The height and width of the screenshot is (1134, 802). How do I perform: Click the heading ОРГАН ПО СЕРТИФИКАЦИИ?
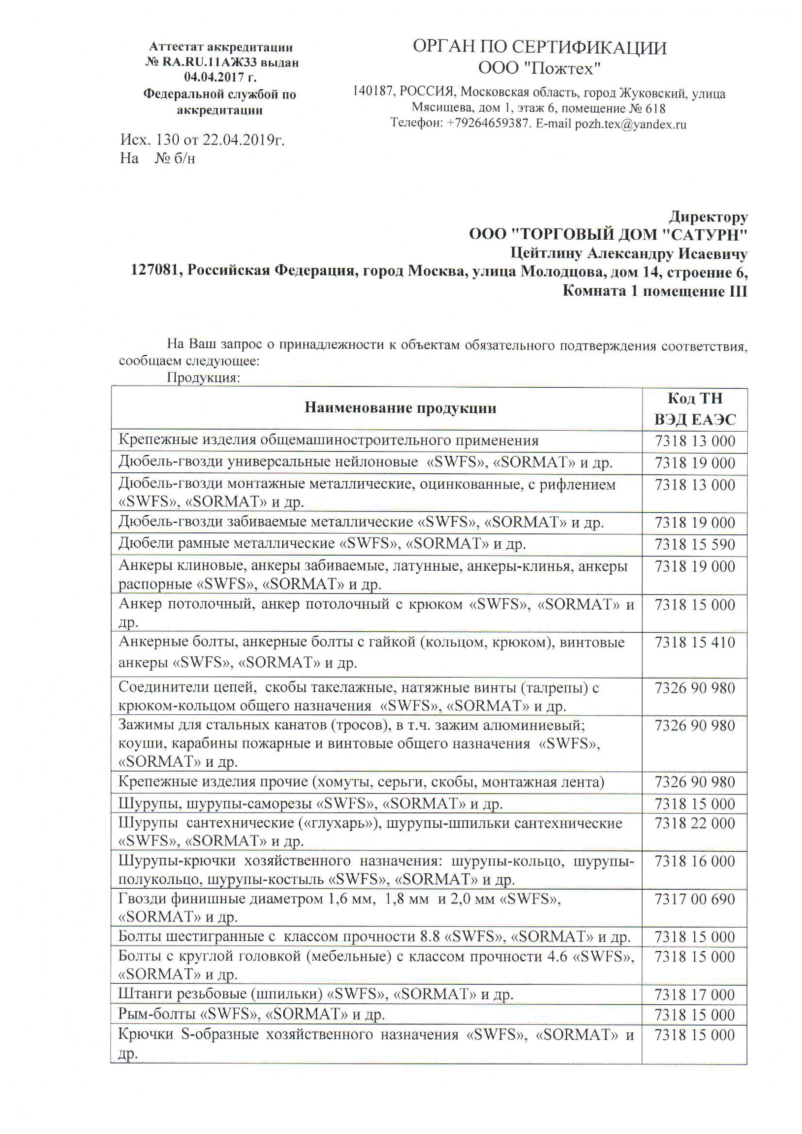pos(539,48)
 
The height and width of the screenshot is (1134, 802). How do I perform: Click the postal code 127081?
pos(154,271)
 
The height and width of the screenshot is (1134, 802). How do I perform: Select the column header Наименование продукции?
pos(400,408)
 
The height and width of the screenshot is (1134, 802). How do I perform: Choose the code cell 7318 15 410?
pos(695,642)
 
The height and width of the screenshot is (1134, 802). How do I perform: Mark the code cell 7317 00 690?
pos(695,899)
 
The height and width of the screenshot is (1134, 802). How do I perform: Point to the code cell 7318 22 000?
pos(695,823)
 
